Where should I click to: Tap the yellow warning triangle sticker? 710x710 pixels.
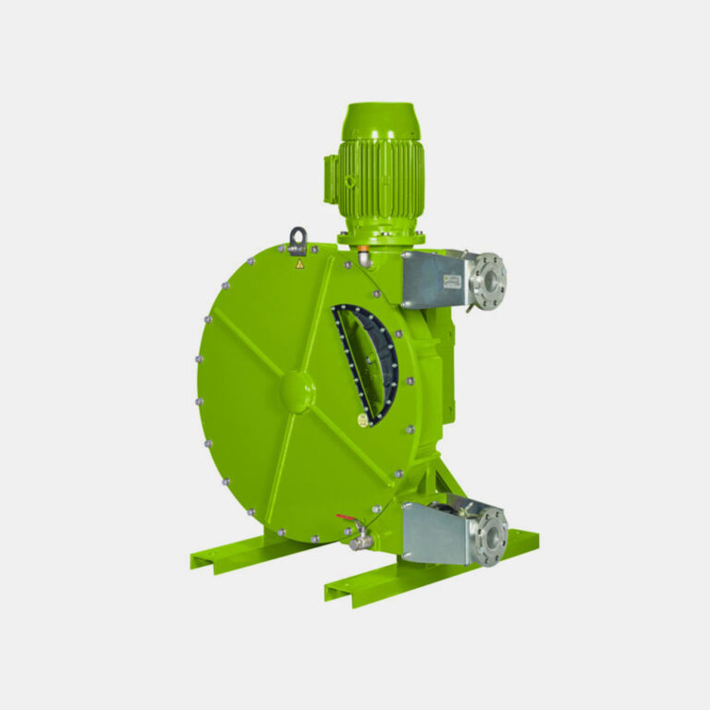point(299,264)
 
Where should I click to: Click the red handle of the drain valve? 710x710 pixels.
point(348,520)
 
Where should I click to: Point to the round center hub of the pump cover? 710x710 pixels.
point(296,391)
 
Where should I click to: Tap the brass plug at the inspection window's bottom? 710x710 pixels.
point(362,420)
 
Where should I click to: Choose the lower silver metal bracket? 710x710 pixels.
point(436,533)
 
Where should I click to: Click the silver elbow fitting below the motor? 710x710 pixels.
point(366,261)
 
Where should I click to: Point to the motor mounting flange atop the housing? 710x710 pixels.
point(381,238)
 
